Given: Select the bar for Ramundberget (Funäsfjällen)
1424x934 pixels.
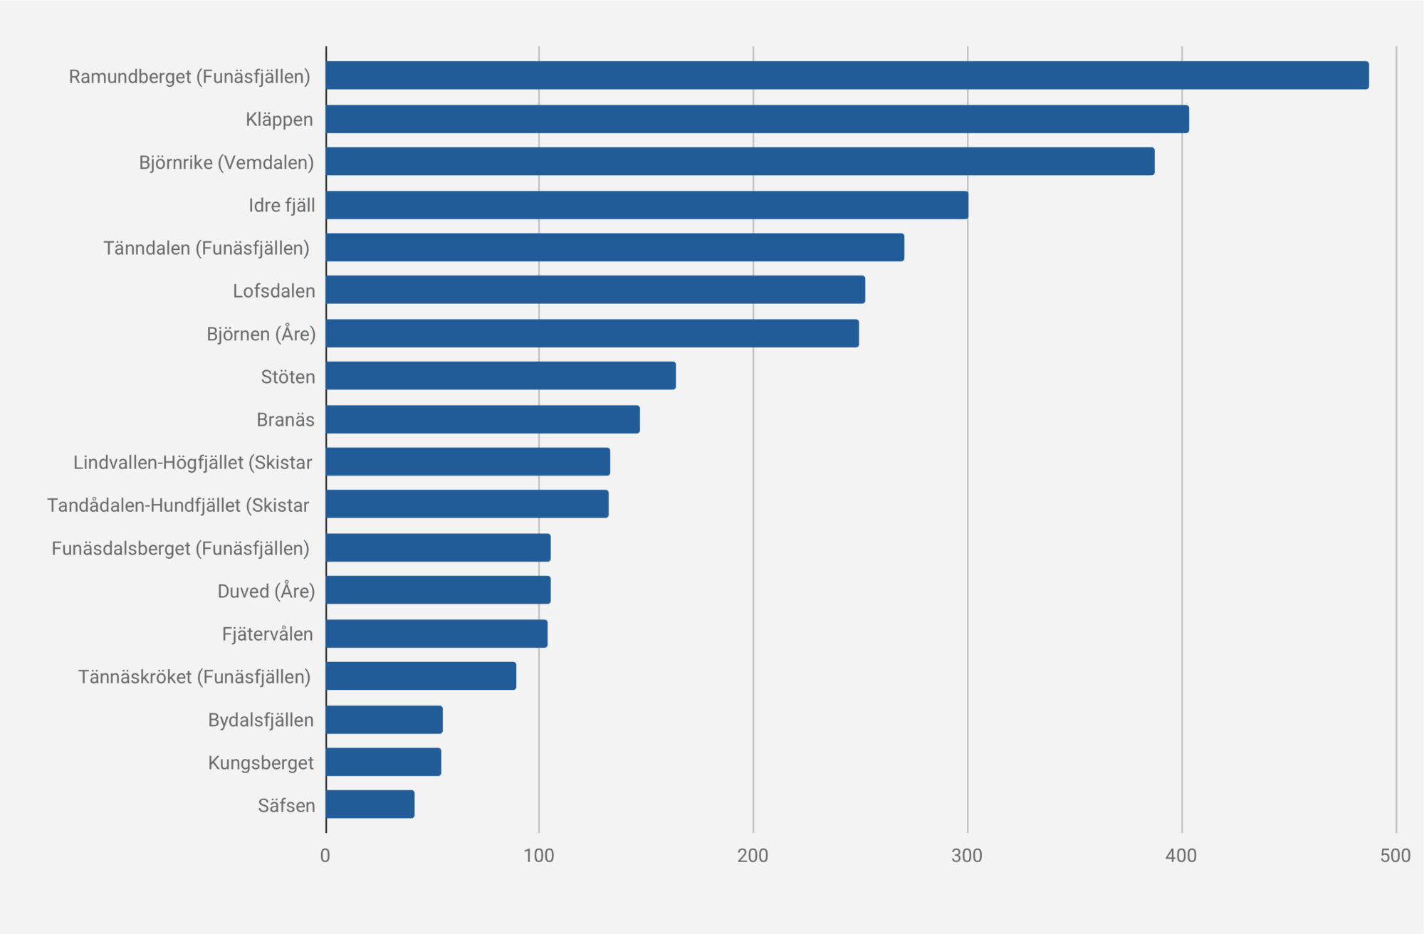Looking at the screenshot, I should point(847,75).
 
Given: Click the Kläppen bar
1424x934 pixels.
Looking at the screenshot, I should point(758,119).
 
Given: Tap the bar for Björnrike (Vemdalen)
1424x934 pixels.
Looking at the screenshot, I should point(740,162).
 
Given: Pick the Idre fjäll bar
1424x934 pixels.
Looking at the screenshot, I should point(647,205).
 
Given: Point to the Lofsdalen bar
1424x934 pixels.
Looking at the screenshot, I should point(595,290).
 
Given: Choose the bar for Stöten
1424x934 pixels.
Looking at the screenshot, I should point(501,376).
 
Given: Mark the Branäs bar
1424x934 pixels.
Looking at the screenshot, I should point(483,419).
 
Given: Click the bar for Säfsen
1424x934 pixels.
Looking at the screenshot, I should point(370,804).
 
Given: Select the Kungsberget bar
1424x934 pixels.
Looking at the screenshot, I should point(383,762).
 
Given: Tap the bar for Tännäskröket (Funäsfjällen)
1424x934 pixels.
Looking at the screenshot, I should point(421,676).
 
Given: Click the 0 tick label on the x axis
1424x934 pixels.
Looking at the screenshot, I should point(325,856).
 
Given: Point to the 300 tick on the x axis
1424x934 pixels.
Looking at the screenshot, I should point(967,856).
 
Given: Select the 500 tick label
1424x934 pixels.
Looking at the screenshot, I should point(1395,856).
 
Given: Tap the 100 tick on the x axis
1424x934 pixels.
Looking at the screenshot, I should point(539,856).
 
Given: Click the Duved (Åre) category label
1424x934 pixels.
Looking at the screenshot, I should point(266,591).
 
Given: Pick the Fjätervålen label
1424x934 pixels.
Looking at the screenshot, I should point(268,634).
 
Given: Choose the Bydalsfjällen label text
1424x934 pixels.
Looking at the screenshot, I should point(261,720).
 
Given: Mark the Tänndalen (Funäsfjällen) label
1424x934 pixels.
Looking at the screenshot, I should point(206,248).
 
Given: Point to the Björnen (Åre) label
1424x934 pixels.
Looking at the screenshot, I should point(261,334).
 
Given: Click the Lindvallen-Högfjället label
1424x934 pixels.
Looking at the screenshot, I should point(193,463).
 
